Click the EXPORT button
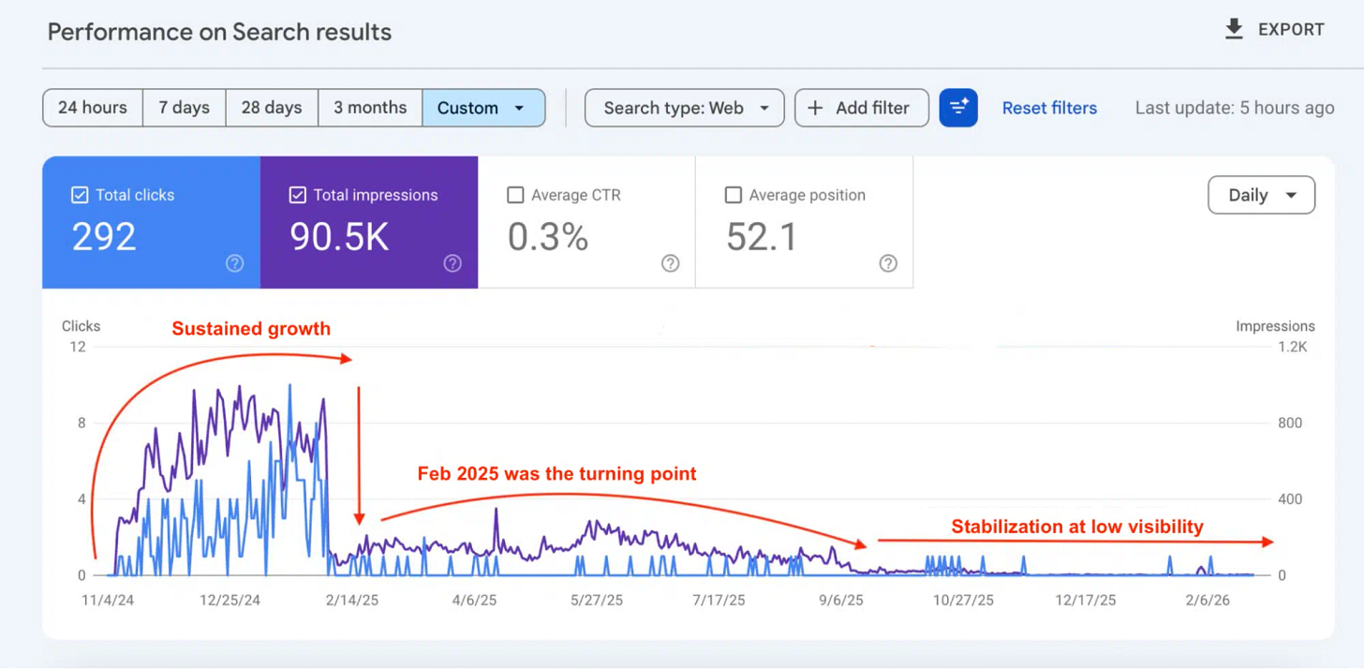tap(1274, 30)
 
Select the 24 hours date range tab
tap(93, 108)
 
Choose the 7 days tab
tap(184, 108)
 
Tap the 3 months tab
tap(370, 108)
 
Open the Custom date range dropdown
tap(483, 108)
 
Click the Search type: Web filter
tap(685, 108)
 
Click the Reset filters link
tap(1049, 108)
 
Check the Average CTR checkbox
tap(515, 195)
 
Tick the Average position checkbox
tap(734, 195)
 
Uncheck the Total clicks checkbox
tap(80, 195)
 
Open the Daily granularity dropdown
tap(1261, 195)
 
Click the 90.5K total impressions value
tap(339, 237)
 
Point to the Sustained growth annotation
tap(251, 328)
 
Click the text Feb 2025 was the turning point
tap(556, 473)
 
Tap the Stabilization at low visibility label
tap(1076, 527)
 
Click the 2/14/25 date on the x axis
tap(352, 601)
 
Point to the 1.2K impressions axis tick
tap(1292, 347)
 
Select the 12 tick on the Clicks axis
tap(76, 347)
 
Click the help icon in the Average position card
tap(888, 263)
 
